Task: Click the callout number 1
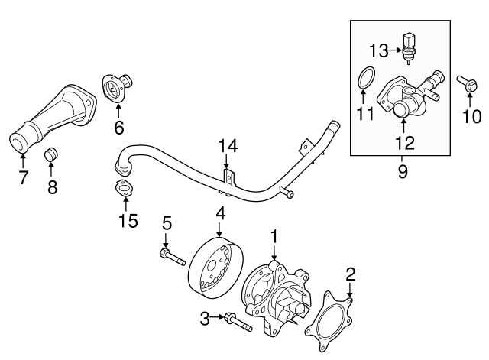(274, 237)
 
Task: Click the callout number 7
(22, 177)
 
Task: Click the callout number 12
(405, 141)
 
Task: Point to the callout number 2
(351, 272)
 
